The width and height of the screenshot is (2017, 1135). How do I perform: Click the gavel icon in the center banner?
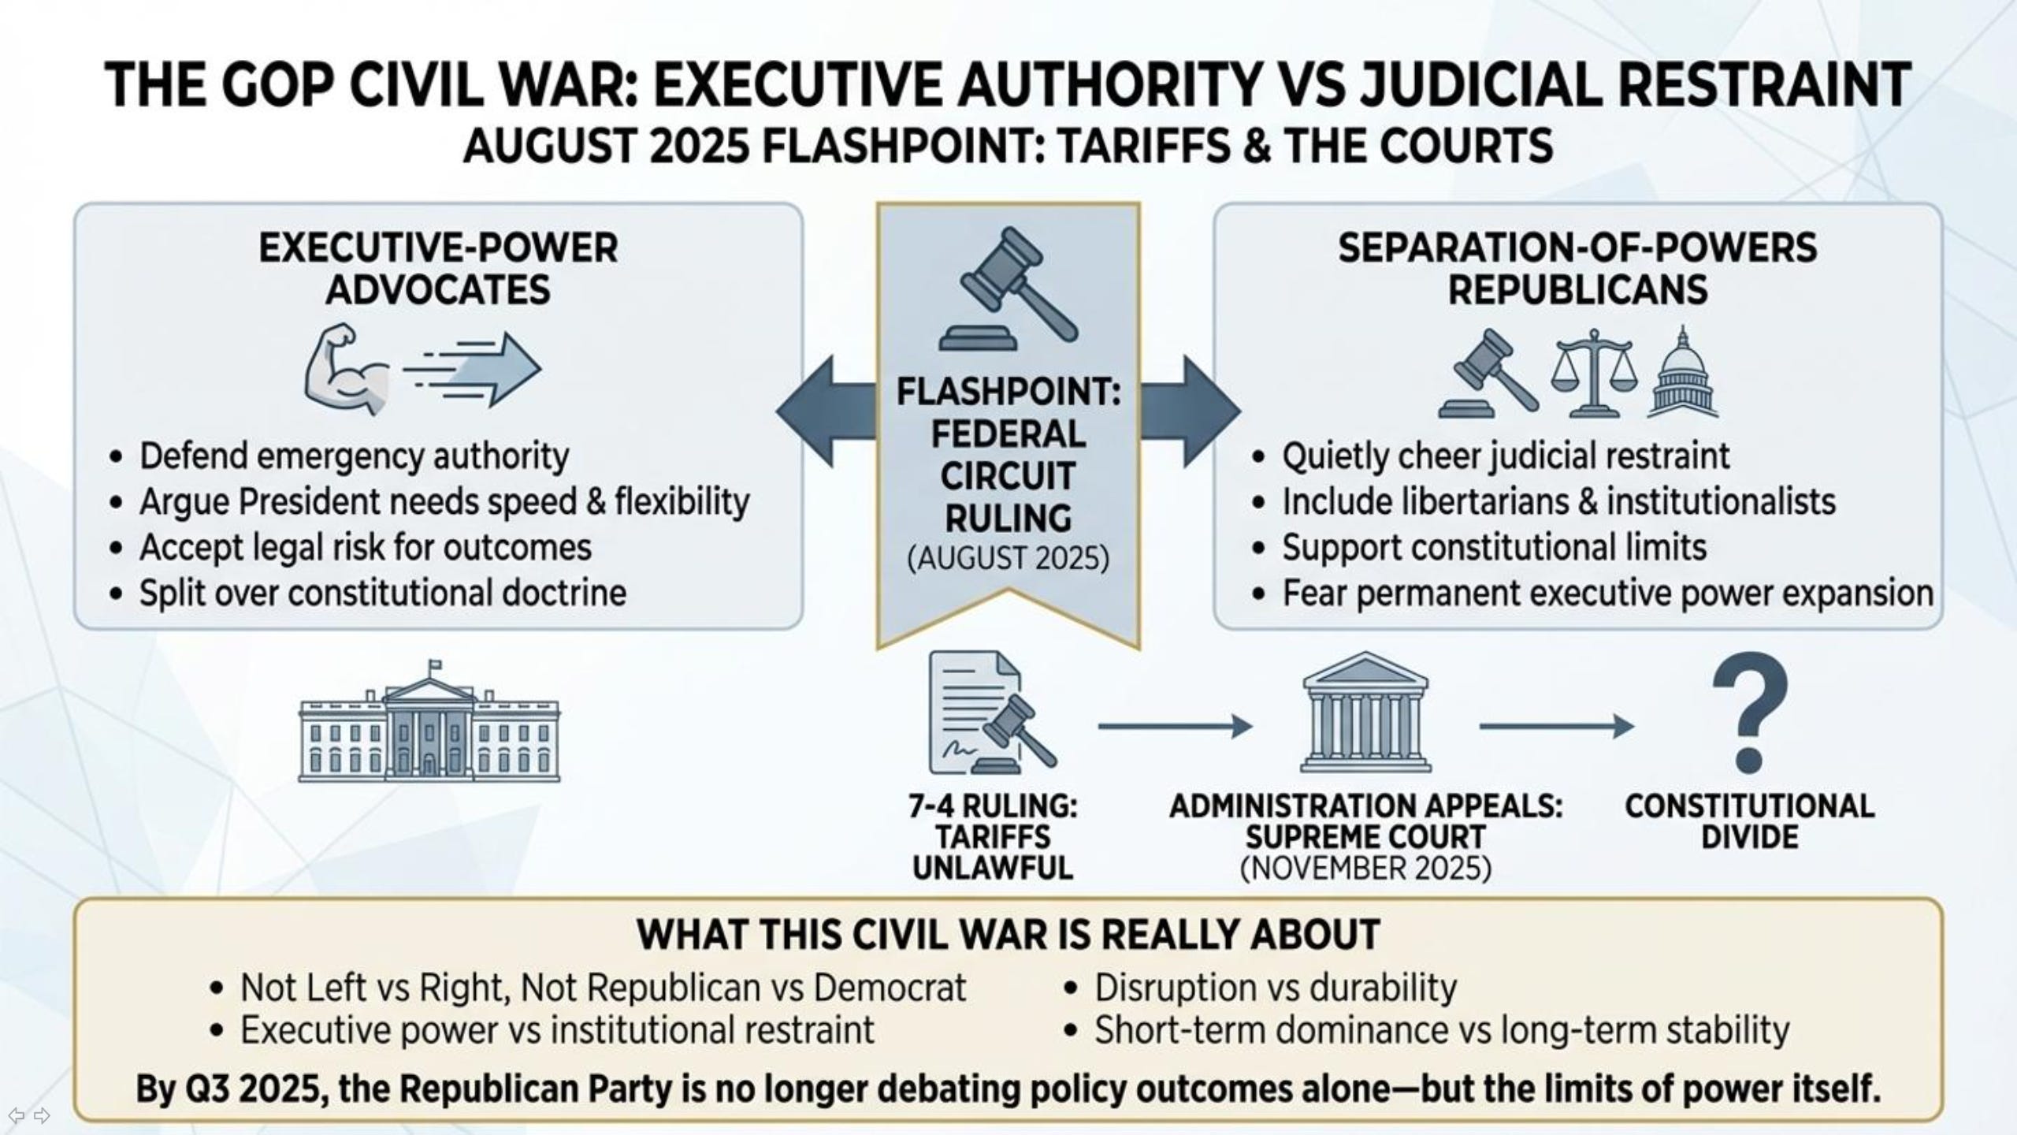tap(1008, 288)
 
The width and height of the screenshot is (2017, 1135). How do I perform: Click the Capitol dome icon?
tap(1683, 374)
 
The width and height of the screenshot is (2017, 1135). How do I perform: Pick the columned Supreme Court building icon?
tap(1365, 713)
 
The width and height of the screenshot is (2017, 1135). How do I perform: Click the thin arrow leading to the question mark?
tap(1556, 726)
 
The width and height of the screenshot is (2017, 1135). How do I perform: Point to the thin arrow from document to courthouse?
tap(1175, 726)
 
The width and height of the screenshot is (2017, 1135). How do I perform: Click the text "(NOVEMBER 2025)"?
tap(1365, 868)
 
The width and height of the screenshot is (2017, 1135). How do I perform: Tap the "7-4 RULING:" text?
tap(993, 806)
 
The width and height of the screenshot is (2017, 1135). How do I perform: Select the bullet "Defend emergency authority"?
tap(354, 456)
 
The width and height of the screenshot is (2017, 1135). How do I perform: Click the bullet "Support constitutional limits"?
tap(1494, 548)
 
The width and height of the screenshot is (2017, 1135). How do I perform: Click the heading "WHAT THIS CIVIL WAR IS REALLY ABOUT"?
tap(1008, 935)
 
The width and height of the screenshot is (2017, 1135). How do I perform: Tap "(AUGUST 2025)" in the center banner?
tap(1008, 559)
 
